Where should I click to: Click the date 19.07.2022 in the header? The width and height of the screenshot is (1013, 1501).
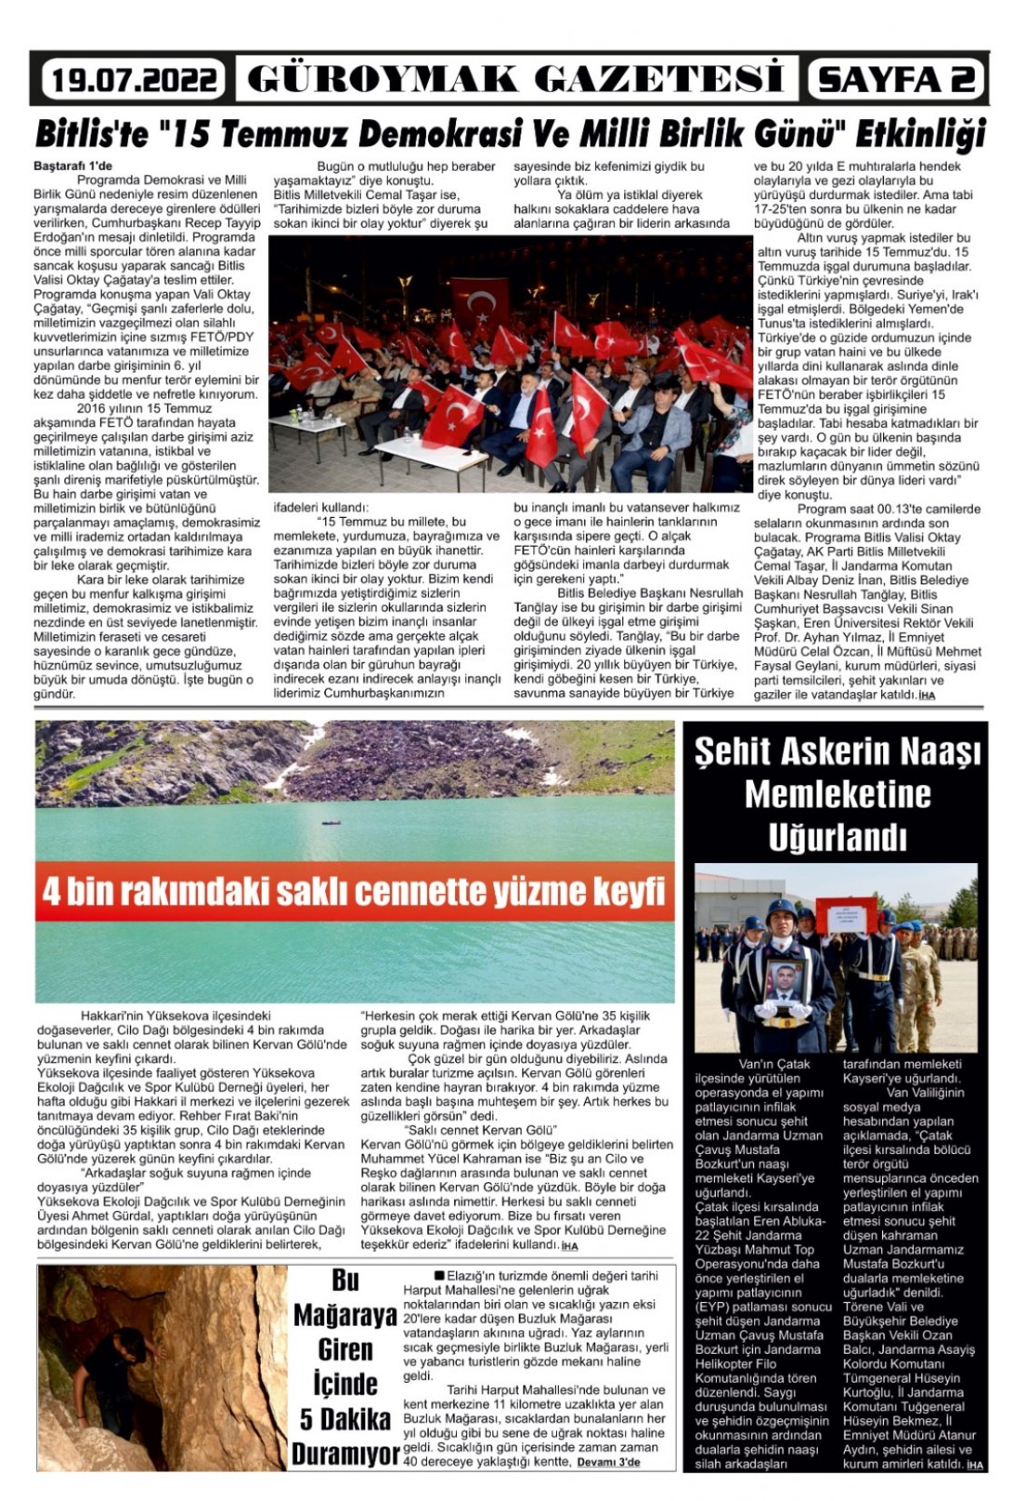click(133, 80)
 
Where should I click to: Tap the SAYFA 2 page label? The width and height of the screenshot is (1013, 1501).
click(896, 79)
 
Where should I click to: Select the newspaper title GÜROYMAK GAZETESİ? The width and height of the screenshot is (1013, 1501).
click(515, 79)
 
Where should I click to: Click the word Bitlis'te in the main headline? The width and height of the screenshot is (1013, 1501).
click(91, 134)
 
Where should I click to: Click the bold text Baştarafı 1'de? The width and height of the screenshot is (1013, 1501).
click(73, 166)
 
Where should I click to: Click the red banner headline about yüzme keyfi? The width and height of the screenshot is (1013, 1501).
click(354, 891)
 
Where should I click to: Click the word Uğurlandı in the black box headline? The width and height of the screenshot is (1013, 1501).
click(837, 837)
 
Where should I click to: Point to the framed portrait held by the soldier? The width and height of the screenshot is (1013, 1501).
click(786, 983)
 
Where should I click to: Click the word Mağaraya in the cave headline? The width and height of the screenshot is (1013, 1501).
click(344, 1315)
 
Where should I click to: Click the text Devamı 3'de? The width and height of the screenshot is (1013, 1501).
click(609, 1462)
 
